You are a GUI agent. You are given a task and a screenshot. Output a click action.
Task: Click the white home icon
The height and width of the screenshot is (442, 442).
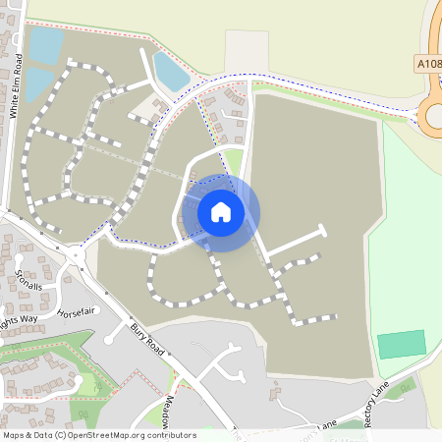click(x=221, y=212)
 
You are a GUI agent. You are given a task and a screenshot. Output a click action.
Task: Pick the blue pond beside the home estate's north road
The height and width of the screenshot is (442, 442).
click(x=170, y=70)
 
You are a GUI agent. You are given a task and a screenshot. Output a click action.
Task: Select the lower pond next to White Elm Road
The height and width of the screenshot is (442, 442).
click(x=38, y=84)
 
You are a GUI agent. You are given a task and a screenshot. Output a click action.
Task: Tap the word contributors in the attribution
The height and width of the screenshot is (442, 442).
click(x=170, y=434)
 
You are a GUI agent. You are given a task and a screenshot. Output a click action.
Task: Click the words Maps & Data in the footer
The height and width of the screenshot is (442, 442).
click(x=27, y=434)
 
